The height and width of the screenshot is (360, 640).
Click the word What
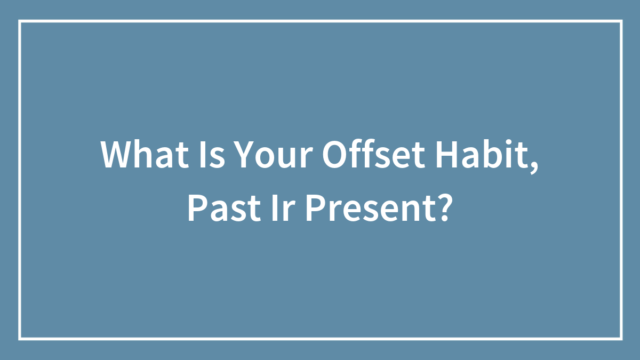coord(145,154)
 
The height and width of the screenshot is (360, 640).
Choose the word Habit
coord(482,154)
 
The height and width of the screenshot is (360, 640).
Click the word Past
coord(224,207)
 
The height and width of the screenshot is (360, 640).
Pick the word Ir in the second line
coord(283,207)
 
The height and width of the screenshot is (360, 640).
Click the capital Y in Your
coord(246,155)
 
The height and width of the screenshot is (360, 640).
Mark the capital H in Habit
coord(446,155)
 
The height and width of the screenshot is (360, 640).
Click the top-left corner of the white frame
coord(20,21)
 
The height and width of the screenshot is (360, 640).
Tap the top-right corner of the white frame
coord(621,21)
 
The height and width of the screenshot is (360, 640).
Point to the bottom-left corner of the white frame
coord(20,339)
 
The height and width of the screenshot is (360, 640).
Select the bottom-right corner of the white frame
coord(621,339)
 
